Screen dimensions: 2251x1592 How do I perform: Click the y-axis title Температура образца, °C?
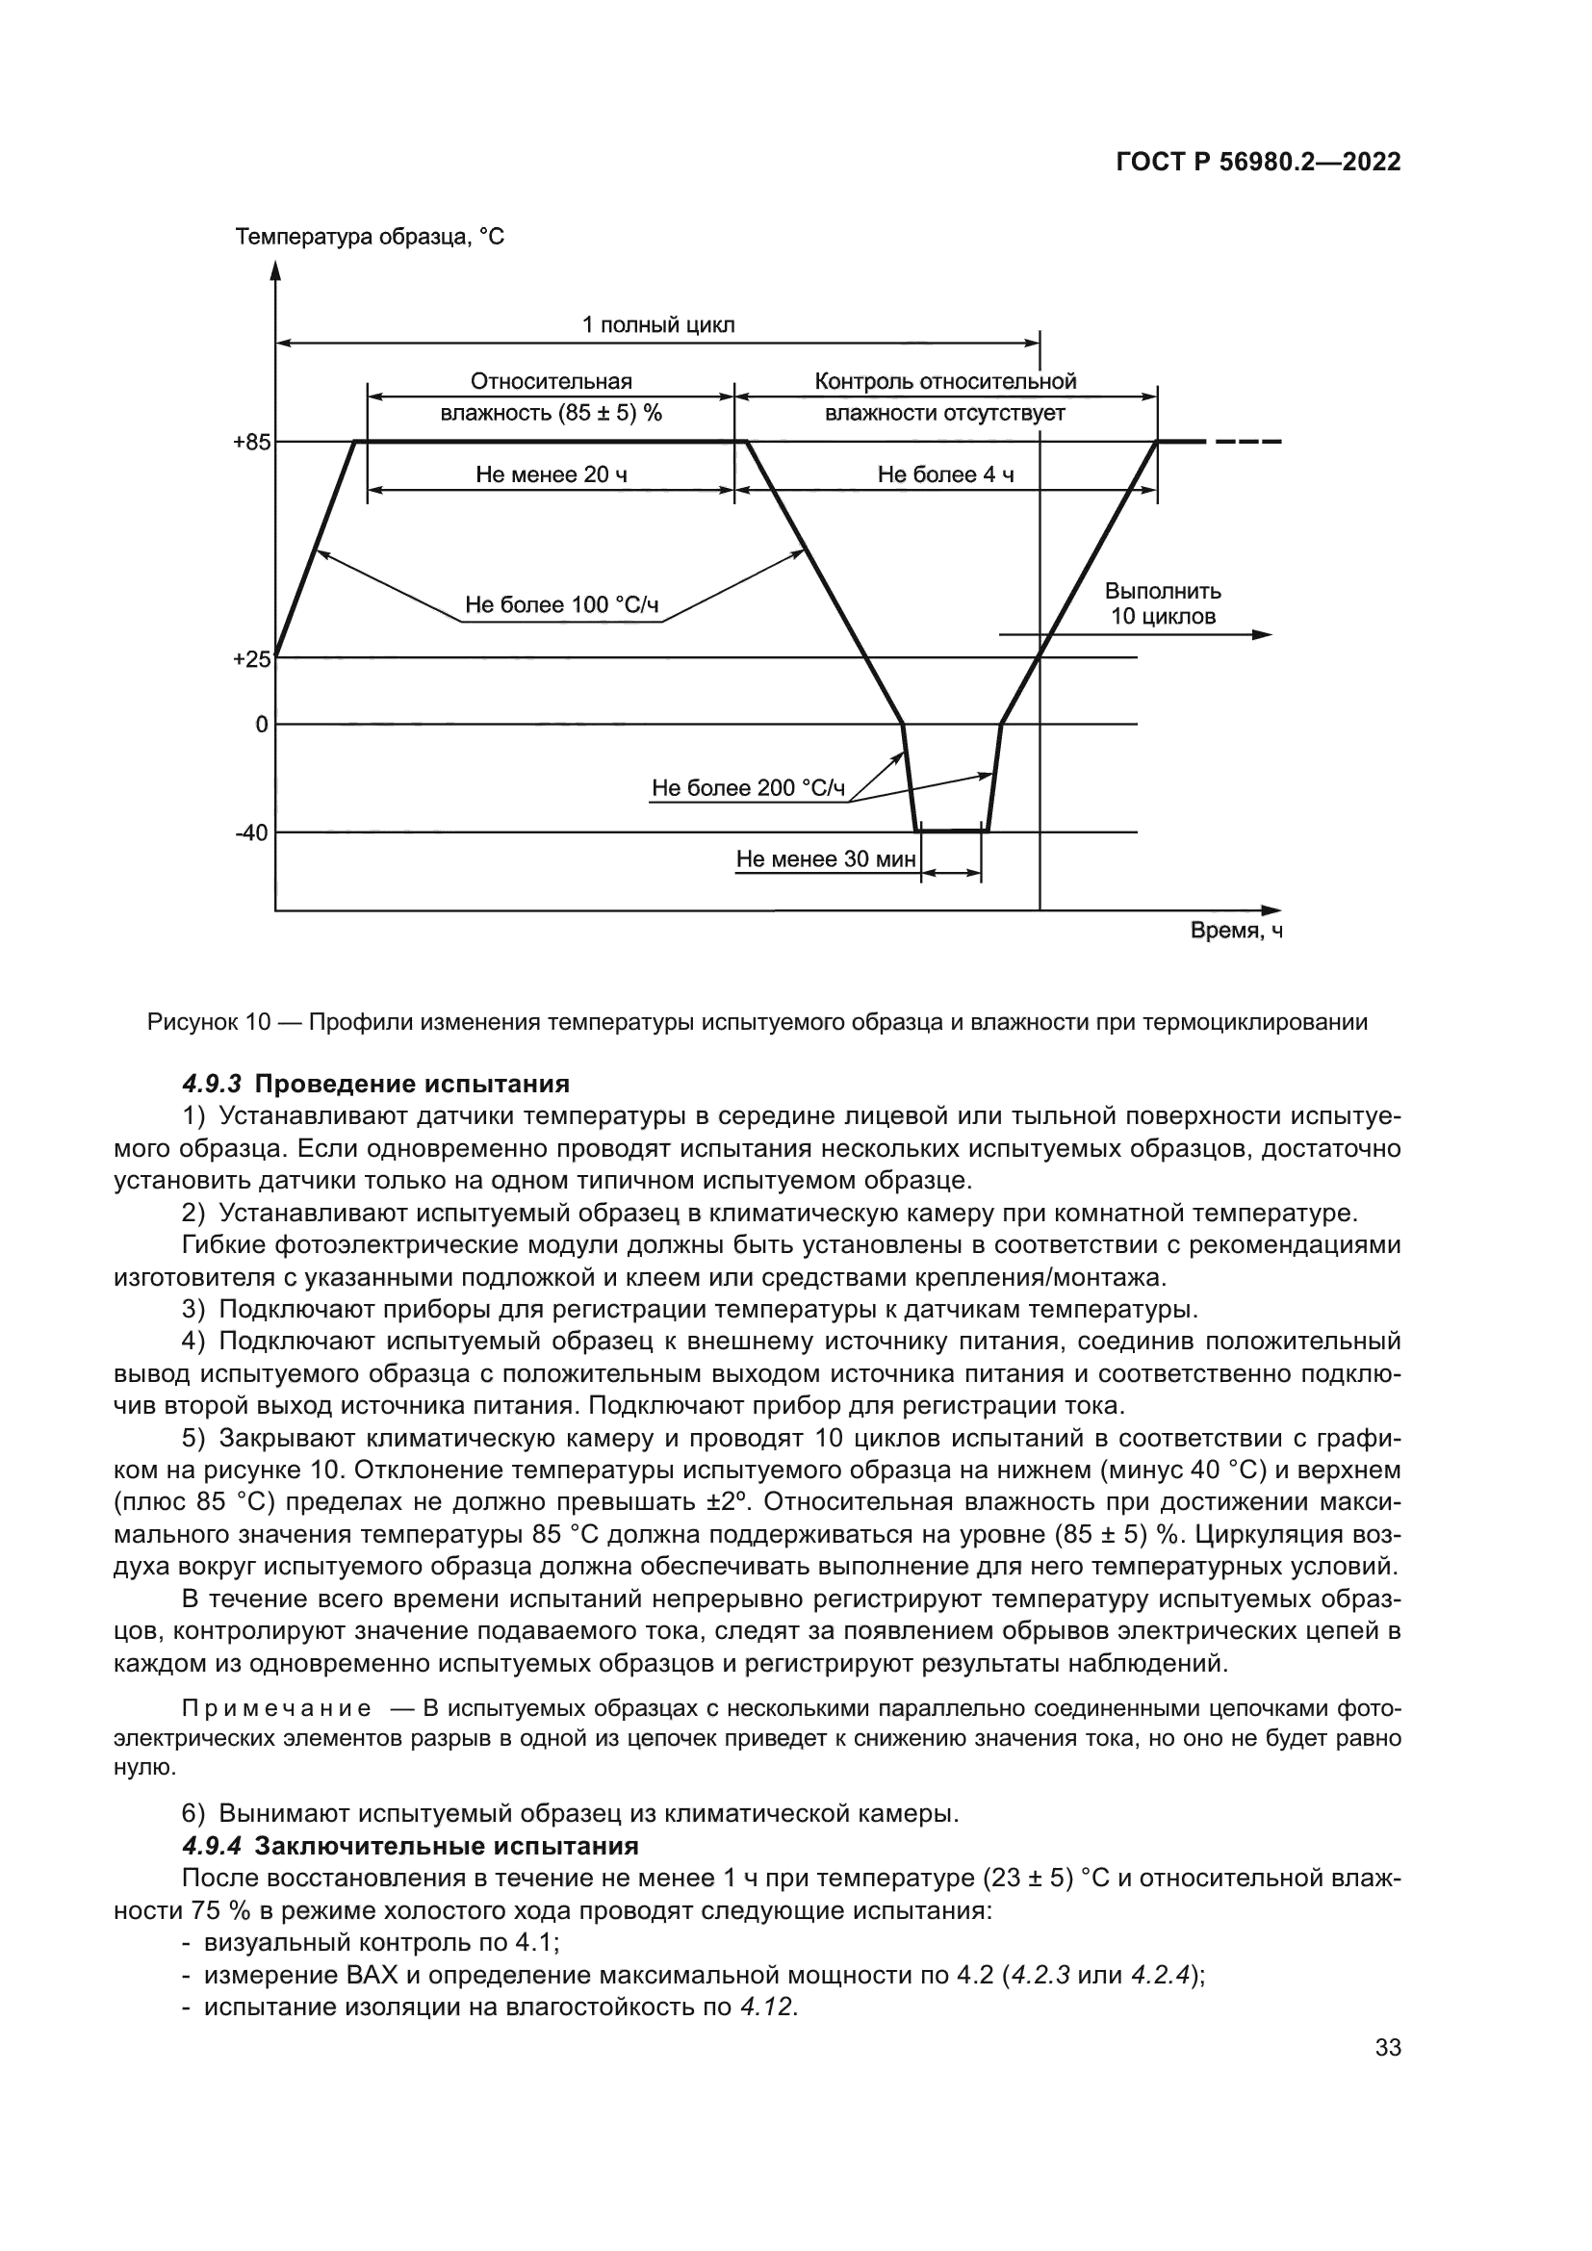[x=370, y=238]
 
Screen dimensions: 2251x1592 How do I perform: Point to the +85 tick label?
[x=251, y=443]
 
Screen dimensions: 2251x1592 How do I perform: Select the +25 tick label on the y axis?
[x=251, y=660]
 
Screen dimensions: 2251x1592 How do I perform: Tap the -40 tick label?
[x=251, y=833]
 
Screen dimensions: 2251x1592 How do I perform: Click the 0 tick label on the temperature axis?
[x=261, y=726]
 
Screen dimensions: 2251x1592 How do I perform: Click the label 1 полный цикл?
[x=657, y=325]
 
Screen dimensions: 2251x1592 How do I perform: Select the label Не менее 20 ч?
[x=551, y=475]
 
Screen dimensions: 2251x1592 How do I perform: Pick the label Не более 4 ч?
[x=945, y=475]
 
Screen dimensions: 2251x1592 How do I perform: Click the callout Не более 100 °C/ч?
[x=561, y=605]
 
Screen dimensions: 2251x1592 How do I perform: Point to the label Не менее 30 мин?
[x=826, y=859]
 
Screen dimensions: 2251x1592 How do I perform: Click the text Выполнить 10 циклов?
[x=1163, y=604]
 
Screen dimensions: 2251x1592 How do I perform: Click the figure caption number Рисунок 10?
[x=208, y=1023]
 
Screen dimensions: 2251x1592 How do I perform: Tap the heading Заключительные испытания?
[x=446, y=1847]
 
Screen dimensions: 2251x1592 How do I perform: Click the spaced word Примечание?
[x=276, y=1709]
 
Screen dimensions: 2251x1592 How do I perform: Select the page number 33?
[x=1388, y=2048]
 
